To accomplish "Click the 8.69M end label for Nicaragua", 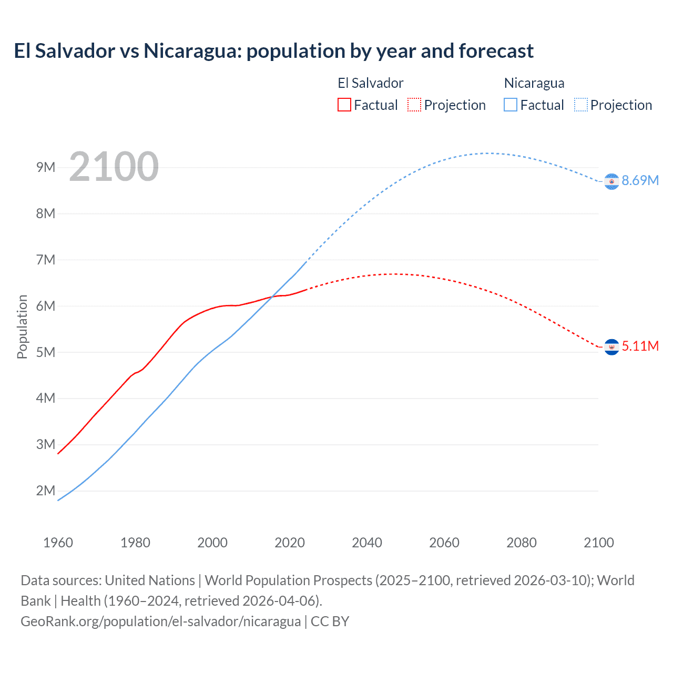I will pyautogui.click(x=640, y=180).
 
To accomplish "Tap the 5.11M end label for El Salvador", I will pyautogui.click(x=640, y=346).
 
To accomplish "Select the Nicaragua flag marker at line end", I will pyautogui.click(x=611, y=181).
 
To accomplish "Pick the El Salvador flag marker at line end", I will pyautogui.click(x=611, y=347).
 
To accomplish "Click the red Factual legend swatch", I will pyautogui.click(x=344, y=105).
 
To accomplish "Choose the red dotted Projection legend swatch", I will pyautogui.click(x=414, y=105).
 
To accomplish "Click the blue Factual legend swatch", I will pyautogui.click(x=511, y=105).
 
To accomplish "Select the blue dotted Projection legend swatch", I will pyautogui.click(x=581, y=105).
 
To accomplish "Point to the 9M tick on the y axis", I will pyautogui.click(x=46, y=167).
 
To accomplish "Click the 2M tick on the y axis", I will pyautogui.click(x=46, y=491).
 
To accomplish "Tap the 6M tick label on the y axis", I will pyautogui.click(x=46, y=306).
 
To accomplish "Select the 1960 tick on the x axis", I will pyautogui.click(x=58, y=543).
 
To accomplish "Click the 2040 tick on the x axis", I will pyautogui.click(x=367, y=543).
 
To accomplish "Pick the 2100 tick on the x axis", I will pyautogui.click(x=598, y=543).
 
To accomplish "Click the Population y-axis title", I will pyautogui.click(x=22, y=327).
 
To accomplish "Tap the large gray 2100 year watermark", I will pyautogui.click(x=114, y=167).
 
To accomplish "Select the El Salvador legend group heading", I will pyautogui.click(x=370, y=83).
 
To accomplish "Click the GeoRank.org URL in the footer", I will pyautogui.click(x=160, y=621).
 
